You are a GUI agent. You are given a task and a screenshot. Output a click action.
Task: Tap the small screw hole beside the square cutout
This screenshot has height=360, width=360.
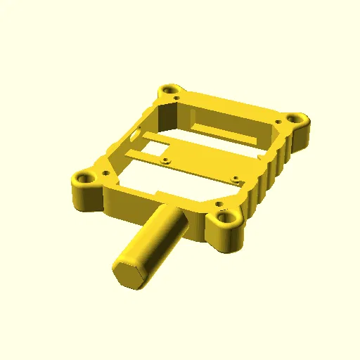pyautogui.click(x=165, y=160)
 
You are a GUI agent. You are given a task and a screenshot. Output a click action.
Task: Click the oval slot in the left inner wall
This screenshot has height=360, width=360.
pyautogui.click(x=135, y=133)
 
